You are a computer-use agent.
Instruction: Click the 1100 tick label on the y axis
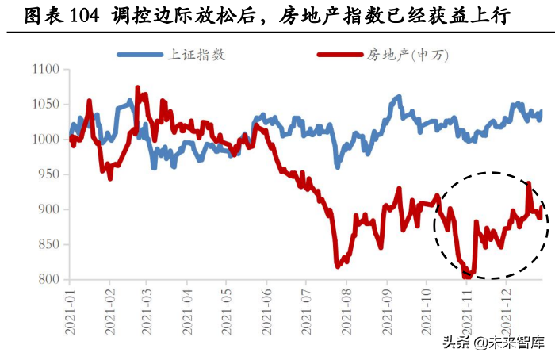(44, 70)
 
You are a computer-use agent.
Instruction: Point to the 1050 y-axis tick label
(44, 105)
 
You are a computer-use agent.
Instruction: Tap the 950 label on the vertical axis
(48, 174)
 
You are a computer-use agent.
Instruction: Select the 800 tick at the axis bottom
(48, 280)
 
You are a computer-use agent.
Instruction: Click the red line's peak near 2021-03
(137, 87)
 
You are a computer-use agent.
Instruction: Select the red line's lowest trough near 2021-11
(468, 277)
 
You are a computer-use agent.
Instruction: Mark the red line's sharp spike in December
(529, 183)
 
